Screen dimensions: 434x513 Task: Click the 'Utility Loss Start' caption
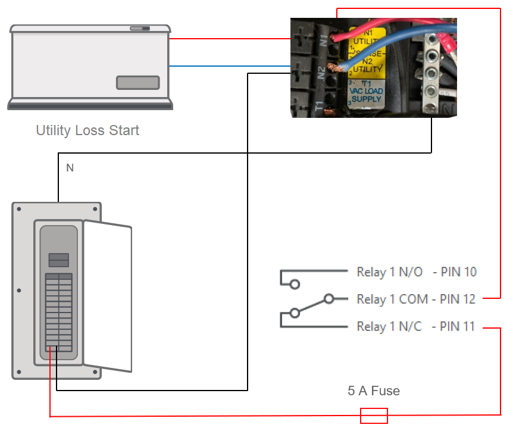(x=87, y=130)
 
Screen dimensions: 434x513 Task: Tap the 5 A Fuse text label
(x=374, y=391)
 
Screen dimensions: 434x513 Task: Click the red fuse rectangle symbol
(x=374, y=416)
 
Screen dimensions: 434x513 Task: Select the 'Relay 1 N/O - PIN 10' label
(x=417, y=272)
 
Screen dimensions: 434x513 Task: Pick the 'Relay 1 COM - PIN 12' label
(x=416, y=299)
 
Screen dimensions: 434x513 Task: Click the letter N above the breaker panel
(x=70, y=168)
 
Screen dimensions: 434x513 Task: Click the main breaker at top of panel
(x=58, y=260)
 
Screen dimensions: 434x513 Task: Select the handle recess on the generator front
(x=137, y=83)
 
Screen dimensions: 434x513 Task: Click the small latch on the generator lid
(x=140, y=28)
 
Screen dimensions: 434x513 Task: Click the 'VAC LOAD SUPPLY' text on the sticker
(x=366, y=94)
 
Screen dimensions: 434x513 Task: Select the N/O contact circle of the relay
(x=294, y=285)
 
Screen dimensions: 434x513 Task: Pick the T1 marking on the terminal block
(x=320, y=107)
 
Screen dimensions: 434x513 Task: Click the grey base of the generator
(x=90, y=105)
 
